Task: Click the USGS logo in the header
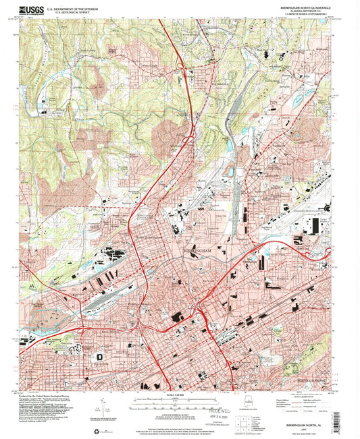[33, 9]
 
